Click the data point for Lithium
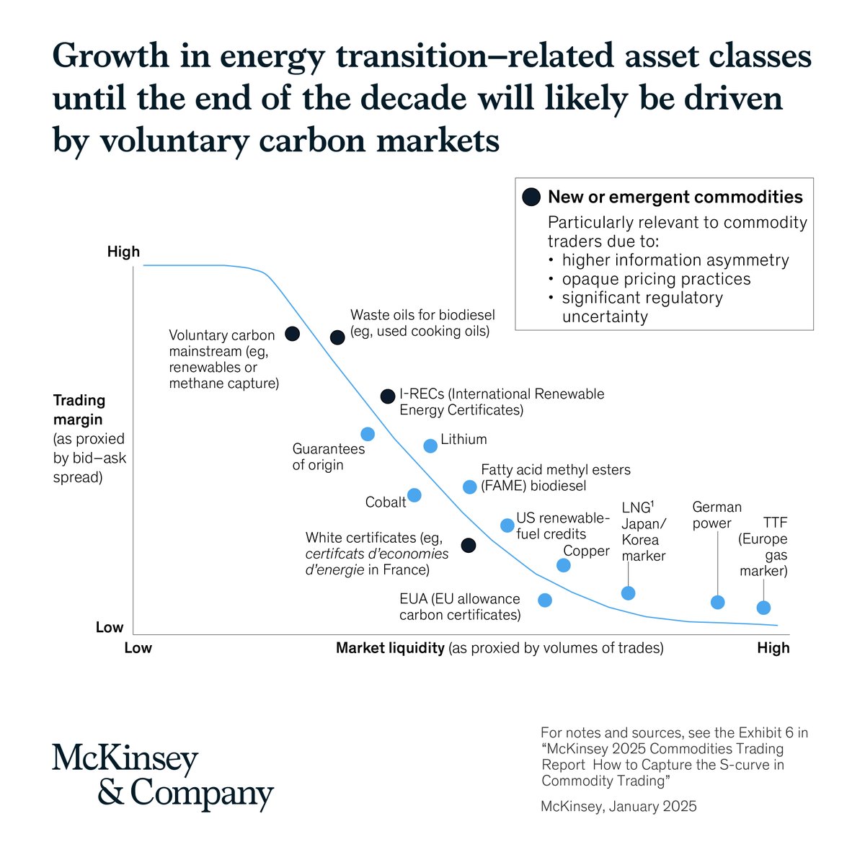tap(430, 445)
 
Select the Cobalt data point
tap(414, 495)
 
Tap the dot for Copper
tap(564, 565)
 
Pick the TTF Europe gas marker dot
tap(763, 608)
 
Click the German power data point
tap(717, 603)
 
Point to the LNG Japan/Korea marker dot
tap(628, 593)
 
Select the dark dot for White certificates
tap(469, 545)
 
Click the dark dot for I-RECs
tap(388, 396)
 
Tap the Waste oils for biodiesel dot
tap(337, 337)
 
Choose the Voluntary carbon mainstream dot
tap(292, 334)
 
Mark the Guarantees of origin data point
tap(368, 434)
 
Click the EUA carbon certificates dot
tap(545, 600)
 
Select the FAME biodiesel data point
tap(469, 487)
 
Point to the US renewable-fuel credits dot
tap(507, 525)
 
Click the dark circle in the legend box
tap(531, 197)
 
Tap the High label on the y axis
tap(123, 252)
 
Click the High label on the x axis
tap(773, 648)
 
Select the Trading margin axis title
tap(79, 409)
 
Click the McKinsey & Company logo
tap(163, 776)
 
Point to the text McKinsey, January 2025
tap(618, 806)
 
